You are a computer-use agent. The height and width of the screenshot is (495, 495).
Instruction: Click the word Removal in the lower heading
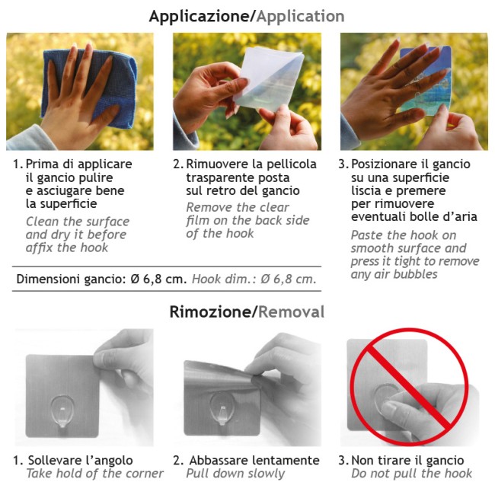click(x=292, y=312)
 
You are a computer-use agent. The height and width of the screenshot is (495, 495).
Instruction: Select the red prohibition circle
click(x=409, y=387)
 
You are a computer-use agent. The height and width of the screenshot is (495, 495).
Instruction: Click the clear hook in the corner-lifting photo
click(x=62, y=410)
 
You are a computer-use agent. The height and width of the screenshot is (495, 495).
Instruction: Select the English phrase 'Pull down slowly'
click(x=235, y=474)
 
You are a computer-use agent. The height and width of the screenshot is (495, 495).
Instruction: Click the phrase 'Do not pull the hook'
click(x=412, y=474)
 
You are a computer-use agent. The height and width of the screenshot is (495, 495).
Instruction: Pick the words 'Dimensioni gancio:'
click(x=72, y=279)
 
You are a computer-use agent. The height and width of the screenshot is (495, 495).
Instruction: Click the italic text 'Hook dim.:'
click(x=225, y=279)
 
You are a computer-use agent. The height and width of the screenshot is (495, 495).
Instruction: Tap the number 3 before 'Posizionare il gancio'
click(x=343, y=164)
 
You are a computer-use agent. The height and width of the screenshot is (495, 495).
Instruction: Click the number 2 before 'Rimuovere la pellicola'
click(x=177, y=164)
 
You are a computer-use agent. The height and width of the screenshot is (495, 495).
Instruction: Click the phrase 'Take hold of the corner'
click(x=94, y=474)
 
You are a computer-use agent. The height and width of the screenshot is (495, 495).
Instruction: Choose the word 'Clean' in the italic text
click(x=43, y=222)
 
